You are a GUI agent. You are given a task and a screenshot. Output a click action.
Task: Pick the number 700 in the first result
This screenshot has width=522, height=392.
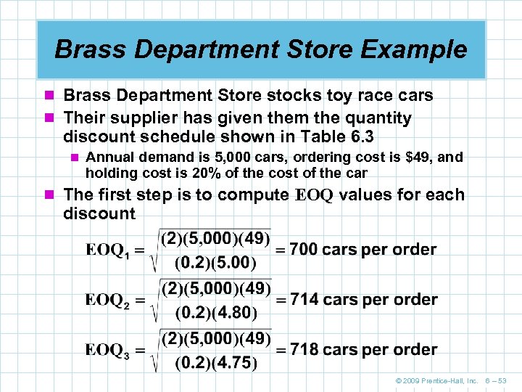304,250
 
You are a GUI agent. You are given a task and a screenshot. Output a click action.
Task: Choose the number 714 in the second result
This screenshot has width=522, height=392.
304,300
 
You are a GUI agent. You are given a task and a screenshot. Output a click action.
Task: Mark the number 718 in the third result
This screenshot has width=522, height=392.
304,350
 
